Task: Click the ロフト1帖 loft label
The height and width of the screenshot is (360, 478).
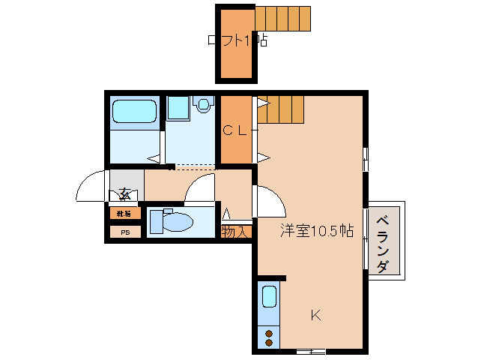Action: [237, 41]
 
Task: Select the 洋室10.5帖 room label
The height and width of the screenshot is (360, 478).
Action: [317, 231]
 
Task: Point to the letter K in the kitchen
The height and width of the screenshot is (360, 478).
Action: [316, 316]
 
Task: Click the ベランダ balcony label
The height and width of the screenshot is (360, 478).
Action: [383, 244]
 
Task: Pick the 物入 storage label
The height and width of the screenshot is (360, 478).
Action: [235, 232]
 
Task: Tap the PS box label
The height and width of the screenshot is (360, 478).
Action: [125, 232]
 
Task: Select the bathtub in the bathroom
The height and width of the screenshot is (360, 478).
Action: [135, 112]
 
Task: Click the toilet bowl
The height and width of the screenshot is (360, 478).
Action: [177, 223]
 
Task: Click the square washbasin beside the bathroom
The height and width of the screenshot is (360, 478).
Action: [178, 108]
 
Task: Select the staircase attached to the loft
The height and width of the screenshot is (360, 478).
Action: [282, 17]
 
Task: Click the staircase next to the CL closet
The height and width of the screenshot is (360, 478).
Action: [282, 110]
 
